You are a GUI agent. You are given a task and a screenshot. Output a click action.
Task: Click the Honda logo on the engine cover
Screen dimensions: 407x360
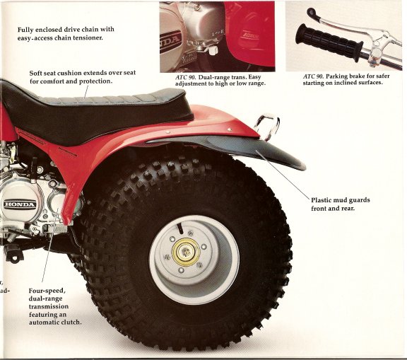tap(20, 204)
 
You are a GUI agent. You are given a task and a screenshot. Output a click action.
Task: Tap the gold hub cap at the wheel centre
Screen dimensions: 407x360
tap(186, 252)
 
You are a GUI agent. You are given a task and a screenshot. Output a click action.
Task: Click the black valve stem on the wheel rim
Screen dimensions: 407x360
tap(179, 228)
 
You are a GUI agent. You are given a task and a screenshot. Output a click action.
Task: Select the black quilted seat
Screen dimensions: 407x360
tap(99, 112)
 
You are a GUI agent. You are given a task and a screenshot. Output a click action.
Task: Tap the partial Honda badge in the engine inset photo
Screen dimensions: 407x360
tap(170, 42)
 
